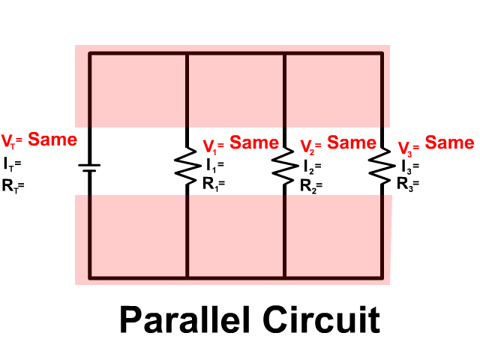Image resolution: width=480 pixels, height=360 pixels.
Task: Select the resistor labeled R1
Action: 186,162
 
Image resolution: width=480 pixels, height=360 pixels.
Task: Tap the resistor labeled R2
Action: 284,162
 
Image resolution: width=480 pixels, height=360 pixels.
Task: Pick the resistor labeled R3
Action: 381,162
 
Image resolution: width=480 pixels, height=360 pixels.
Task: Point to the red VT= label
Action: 13,140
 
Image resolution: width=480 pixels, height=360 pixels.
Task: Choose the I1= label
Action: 214,163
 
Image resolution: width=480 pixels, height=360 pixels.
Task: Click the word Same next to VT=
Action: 52,139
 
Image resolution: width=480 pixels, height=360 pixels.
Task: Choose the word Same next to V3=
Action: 450,142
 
